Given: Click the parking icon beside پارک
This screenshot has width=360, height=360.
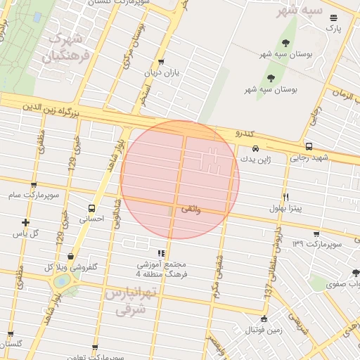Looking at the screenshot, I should tap(333, 18).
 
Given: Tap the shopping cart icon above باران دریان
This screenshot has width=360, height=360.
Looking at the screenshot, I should tap(162, 62).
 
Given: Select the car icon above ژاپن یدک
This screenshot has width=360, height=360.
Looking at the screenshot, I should tap(255, 148).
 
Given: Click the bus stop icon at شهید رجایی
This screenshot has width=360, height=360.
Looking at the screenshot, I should tap(309, 146).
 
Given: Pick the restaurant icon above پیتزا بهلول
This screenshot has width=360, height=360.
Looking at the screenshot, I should tap(285, 197).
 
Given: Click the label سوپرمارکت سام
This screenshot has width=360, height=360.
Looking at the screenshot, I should tap(32, 194).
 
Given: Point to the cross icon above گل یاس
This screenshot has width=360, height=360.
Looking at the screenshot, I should tap(26, 222).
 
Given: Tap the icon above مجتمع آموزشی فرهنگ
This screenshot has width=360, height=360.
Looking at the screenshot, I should tap(161, 252).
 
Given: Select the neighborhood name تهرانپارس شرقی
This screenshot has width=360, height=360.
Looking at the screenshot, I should tap(127, 301).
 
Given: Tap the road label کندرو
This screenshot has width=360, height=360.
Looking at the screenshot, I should tap(242, 132).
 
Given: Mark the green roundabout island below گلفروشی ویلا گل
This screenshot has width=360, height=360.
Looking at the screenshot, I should tap(62, 281).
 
